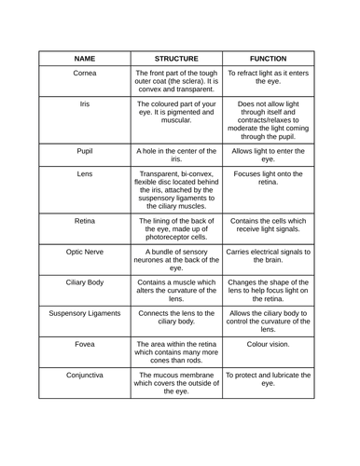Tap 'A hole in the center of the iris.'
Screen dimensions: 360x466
point(176,154)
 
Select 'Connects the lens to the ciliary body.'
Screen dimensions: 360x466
point(176,318)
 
